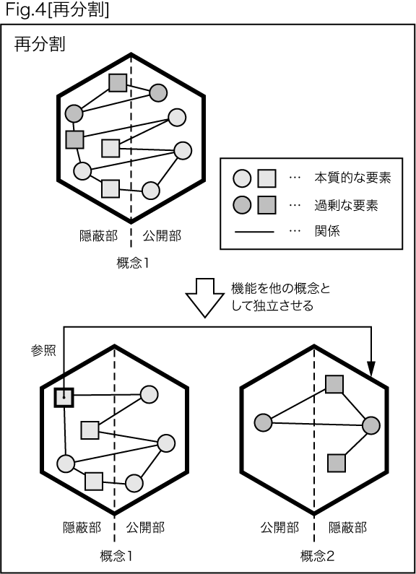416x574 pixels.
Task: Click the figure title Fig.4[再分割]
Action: [x=57, y=10]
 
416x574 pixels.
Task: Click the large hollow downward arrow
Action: [x=204, y=297]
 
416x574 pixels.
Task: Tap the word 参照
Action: [x=43, y=351]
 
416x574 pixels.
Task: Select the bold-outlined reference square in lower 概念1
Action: [x=64, y=397]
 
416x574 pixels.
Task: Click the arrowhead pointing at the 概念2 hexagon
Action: [x=371, y=369]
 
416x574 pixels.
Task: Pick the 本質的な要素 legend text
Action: [x=352, y=178]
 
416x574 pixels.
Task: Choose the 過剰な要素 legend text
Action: [x=346, y=205]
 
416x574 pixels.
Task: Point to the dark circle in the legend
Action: [x=242, y=205]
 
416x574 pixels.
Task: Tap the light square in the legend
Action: [x=266, y=178]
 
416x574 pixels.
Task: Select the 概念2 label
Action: [x=317, y=557]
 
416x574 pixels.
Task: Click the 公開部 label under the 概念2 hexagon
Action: [x=279, y=528]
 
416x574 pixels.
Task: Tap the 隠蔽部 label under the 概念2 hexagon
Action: [x=347, y=528]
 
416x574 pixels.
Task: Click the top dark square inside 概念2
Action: [x=334, y=384]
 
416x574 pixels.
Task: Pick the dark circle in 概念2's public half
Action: [x=264, y=422]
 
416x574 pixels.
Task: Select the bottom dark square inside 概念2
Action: [x=337, y=463]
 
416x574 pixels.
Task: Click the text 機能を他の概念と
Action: [x=281, y=289]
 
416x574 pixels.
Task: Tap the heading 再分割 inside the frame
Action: [x=40, y=45]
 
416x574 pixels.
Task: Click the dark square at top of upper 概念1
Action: [x=118, y=83]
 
